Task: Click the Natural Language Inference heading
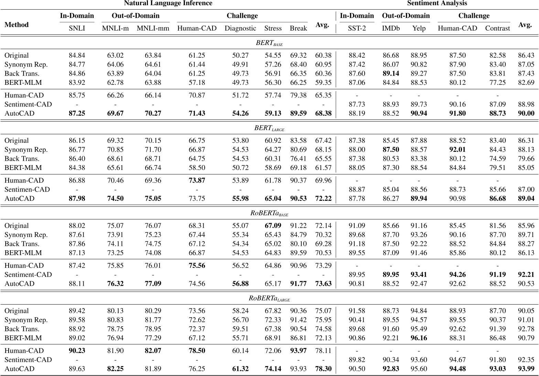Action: pyautogui.click(x=168, y=3)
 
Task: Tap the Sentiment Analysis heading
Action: pyautogui.click(x=437, y=3)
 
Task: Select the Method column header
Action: pyautogui.click(x=17, y=25)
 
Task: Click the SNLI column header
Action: pyautogui.click(x=77, y=29)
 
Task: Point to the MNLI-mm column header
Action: pyautogui.click(x=153, y=29)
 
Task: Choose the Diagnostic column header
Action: pyautogui.click(x=240, y=29)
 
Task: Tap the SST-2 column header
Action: pyautogui.click(x=357, y=29)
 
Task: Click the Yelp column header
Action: pyautogui.click(x=419, y=29)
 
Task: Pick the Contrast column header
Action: pyautogui.click(x=497, y=29)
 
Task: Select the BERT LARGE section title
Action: pyautogui.click(x=269, y=128)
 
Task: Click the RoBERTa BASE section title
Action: pyautogui.click(x=269, y=213)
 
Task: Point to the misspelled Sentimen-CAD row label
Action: pyautogui.click(x=27, y=190)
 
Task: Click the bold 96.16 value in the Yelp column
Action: pyautogui.click(x=419, y=338)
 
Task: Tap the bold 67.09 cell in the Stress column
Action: pyautogui.click(x=273, y=226)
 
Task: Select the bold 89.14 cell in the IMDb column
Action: pyautogui.click(x=391, y=73)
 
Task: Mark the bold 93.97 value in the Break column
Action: pyautogui.click(x=298, y=351)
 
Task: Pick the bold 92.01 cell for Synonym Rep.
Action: pyautogui.click(x=457, y=150)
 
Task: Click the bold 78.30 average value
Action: pyautogui.click(x=323, y=369)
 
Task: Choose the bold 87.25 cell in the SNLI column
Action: pyautogui.click(x=77, y=113)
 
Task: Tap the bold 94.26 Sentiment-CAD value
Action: pyautogui.click(x=457, y=275)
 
